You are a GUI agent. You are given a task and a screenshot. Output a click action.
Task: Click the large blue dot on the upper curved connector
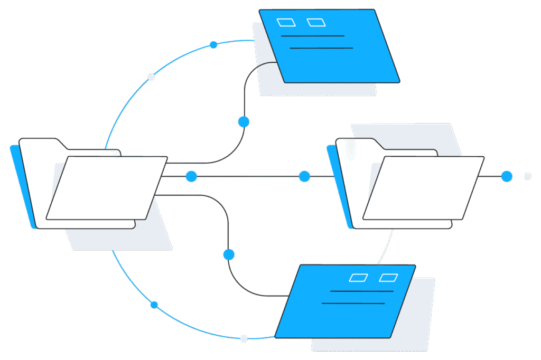click(244, 122)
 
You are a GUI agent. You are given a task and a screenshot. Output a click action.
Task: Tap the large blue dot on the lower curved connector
click(229, 254)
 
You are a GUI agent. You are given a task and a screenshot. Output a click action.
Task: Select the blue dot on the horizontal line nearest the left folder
click(191, 176)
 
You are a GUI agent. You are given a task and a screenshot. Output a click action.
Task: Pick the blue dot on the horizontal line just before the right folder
click(304, 176)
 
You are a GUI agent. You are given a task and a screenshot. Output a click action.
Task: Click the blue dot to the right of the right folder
click(507, 176)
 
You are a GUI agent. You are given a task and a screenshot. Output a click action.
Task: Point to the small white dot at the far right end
click(527, 176)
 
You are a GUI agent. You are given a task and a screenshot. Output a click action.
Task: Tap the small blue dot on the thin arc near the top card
click(213, 45)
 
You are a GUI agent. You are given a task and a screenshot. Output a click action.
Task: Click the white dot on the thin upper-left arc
click(151, 77)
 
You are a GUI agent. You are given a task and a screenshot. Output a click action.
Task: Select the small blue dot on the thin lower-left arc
click(154, 305)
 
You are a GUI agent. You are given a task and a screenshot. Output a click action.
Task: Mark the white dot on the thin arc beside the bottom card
click(244, 338)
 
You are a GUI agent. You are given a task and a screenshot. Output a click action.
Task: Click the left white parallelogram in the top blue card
click(287, 22)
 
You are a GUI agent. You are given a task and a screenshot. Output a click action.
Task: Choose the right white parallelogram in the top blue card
click(316, 22)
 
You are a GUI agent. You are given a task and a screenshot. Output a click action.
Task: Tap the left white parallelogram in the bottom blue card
click(359, 277)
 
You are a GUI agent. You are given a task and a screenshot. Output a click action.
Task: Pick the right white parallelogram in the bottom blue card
click(389, 277)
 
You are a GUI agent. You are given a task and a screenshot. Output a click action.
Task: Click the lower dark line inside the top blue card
click(321, 48)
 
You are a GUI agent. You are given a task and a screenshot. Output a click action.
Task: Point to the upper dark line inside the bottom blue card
click(361, 291)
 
